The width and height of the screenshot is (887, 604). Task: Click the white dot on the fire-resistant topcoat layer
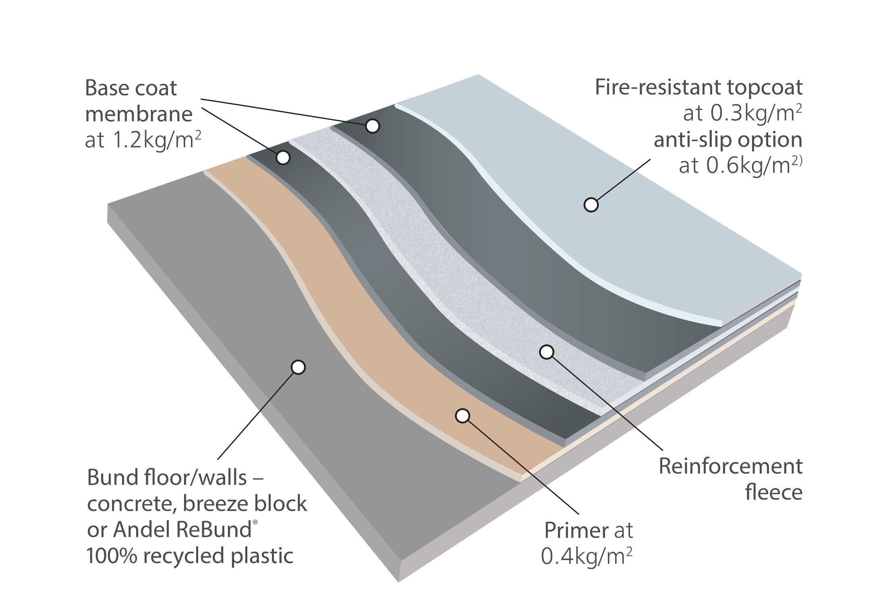(591, 205)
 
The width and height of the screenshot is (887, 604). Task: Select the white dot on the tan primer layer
(463, 416)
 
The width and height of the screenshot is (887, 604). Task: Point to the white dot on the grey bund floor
(298, 367)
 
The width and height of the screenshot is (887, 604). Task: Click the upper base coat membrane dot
(373, 126)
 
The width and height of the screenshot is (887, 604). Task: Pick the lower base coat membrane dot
(283, 157)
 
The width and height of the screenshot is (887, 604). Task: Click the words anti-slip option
(728, 140)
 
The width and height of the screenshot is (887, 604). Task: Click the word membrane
(139, 114)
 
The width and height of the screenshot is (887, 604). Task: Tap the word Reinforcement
(731, 466)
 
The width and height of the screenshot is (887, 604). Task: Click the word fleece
(774, 492)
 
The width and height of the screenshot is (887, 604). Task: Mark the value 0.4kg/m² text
(586, 556)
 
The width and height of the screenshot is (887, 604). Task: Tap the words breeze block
(245, 504)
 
